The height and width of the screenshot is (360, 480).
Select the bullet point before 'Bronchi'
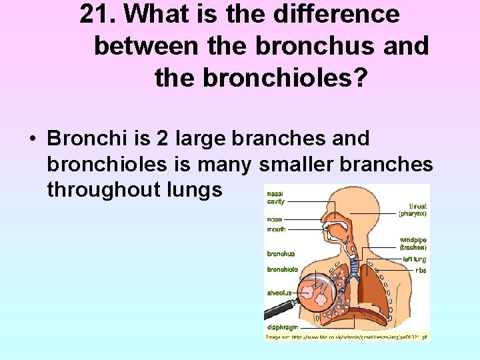point(32,139)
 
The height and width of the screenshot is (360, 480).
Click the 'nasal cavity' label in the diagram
point(275,197)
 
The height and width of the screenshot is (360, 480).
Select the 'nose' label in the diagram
point(274,219)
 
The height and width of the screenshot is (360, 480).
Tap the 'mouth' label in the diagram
point(276,229)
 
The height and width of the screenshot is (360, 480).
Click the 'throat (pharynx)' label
point(413,210)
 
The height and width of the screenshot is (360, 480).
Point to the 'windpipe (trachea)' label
point(413,243)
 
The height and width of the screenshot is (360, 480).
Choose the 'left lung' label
point(414,259)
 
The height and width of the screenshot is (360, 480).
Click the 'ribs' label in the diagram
point(421,271)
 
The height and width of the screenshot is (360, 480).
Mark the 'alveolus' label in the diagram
point(279,291)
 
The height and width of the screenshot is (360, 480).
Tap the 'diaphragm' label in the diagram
point(282,327)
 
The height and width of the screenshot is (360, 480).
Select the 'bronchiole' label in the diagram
point(282,269)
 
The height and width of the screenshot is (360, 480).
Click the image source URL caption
point(346,337)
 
